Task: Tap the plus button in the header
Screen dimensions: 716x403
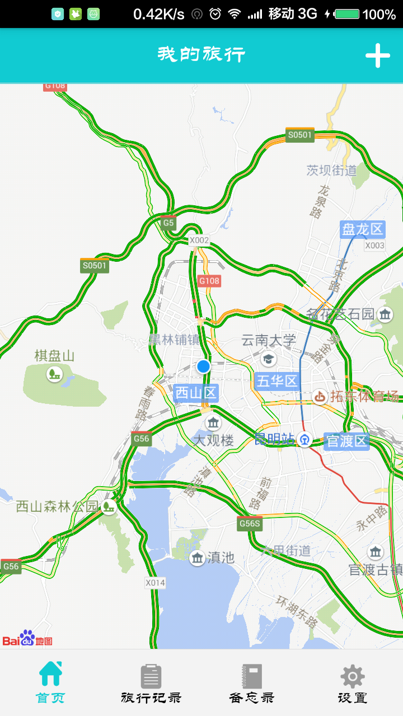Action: pyautogui.click(x=378, y=55)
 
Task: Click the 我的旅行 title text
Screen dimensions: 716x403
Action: pyautogui.click(x=201, y=55)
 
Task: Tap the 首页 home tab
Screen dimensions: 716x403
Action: pyautogui.click(x=50, y=682)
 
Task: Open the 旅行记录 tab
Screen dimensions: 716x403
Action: pyautogui.click(x=151, y=682)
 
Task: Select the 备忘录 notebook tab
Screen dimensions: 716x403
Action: pyautogui.click(x=252, y=682)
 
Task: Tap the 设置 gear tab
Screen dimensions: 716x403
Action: pyautogui.click(x=353, y=682)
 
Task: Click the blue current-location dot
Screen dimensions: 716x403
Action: pyautogui.click(x=203, y=366)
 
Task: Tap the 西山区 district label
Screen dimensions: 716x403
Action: pyautogui.click(x=196, y=393)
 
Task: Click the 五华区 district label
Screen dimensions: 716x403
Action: pyautogui.click(x=277, y=381)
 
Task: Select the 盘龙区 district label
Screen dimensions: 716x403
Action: pyautogui.click(x=363, y=229)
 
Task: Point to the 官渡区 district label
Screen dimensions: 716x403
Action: pyautogui.click(x=347, y=441)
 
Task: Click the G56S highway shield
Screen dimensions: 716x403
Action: pyautogui.click(x=250, y=524)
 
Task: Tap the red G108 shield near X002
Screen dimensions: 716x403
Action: pyautogui.click(x=209, y=281)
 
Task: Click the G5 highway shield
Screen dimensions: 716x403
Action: pyautogui.click(x=168, y=223)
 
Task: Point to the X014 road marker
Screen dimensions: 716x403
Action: pyautogui.click(x=156, y=583)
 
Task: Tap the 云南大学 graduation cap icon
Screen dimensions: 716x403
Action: pyautogui.click(x=269, y=358)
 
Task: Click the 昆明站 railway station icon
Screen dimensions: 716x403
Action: pyautogui.click(x=304, y=440)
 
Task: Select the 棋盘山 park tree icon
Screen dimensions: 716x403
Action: pyautogui.click(x=54, y=373)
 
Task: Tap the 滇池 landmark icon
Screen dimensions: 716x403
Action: pyautogui.click(x=197, y=558)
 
